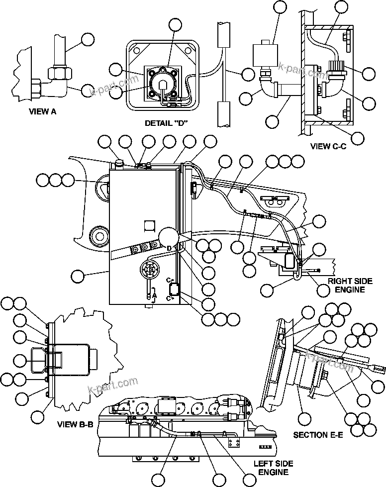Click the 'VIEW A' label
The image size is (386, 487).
pyautogui.click(x=42, y=112)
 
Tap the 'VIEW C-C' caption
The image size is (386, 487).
pyautogui.click(x=328, y=147)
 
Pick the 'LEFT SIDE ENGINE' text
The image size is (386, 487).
pyautogui.click(x=270, y=468)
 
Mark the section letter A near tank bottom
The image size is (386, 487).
pyautogui.click(x=155, y=294)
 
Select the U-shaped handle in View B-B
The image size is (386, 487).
pyautogui.click(x=41, y=358)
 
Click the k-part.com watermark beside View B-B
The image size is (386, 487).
pyautogui.click(x=112, y=385)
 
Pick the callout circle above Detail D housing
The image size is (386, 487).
pyautogui.click(x=176, y=25)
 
